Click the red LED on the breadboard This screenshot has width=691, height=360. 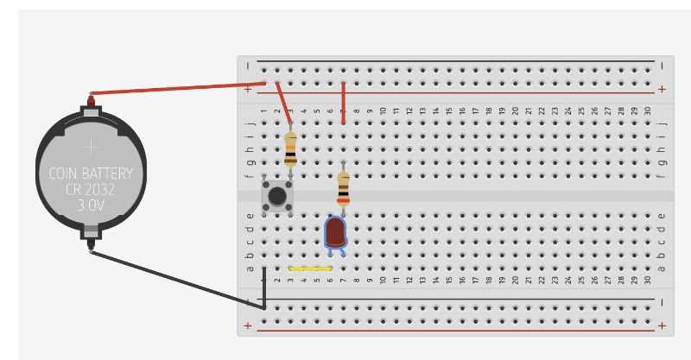tap(335, 231)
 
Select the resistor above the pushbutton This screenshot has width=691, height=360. tap(290, 148)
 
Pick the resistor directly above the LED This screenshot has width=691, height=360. tap(343, 187)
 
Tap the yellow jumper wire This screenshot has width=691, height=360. tap(309, 268)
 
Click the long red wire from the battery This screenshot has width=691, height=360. tap(173, 88)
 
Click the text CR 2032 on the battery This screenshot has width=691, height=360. tap(90, 190)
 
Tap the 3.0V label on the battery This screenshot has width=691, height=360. tap(90, 207)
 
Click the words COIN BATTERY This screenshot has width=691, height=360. tap(90, 173)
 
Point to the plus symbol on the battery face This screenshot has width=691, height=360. tap(90, 148)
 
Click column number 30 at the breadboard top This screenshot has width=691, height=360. tap(647, 111)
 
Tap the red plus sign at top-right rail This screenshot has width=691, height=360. tap(662, 89)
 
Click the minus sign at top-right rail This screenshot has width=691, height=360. tap(662, 65)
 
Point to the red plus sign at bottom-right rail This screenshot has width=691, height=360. tap(662, 325)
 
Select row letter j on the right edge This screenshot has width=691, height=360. tap(662, 123)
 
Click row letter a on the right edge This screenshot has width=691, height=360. tap(662, 267)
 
